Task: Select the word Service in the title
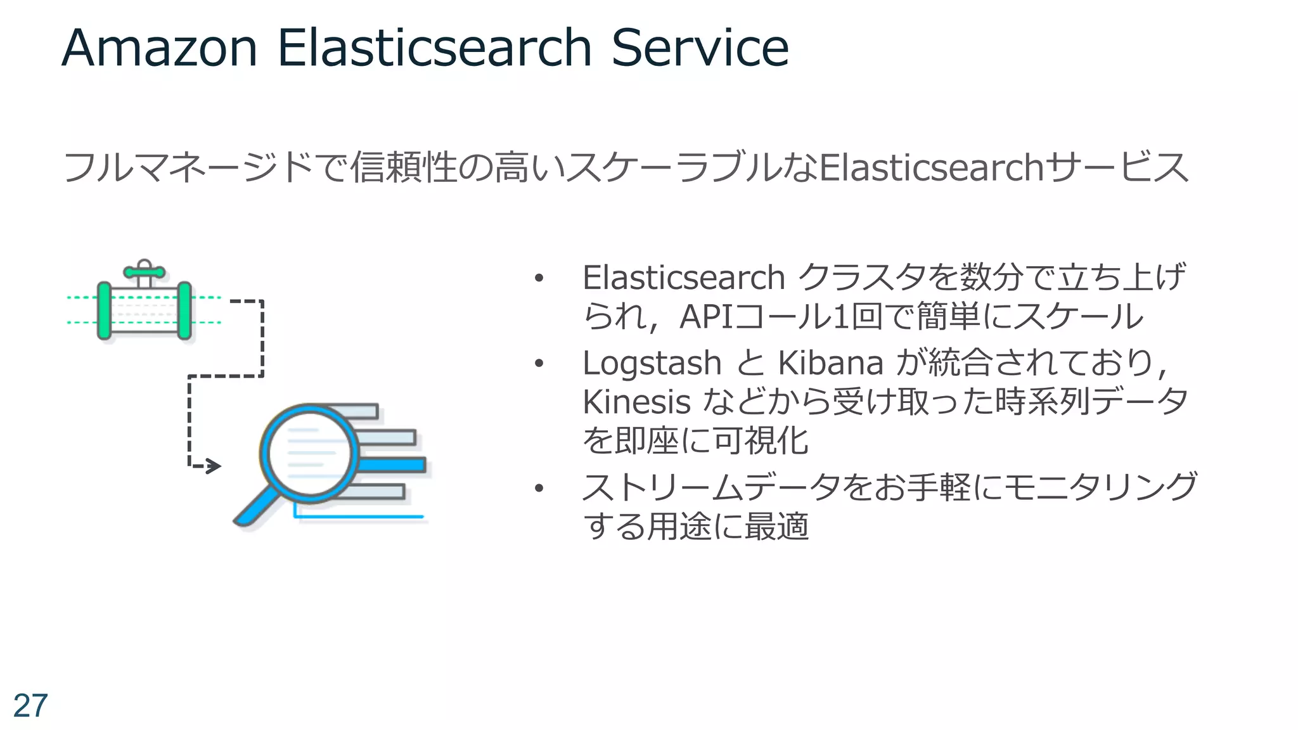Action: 700,48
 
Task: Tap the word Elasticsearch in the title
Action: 434,48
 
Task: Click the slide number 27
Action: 30,706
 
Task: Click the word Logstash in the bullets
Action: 652,364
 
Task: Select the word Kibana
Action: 830,364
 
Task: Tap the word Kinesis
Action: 636,402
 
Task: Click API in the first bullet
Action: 705,316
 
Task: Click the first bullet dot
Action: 539,278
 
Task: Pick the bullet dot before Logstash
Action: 539,364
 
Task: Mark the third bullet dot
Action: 539,488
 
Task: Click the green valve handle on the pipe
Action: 144,272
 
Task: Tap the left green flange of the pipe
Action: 105,311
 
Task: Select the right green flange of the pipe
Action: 184,311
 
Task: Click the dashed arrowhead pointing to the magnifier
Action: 214,466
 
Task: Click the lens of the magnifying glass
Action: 309,454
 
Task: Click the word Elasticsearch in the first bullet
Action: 683,278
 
